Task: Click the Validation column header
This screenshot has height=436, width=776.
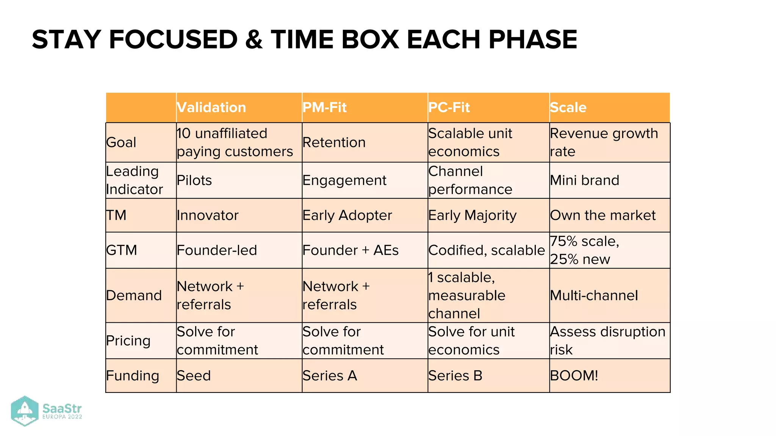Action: tap(211, 107)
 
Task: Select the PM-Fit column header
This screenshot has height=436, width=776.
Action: tap(325, 107)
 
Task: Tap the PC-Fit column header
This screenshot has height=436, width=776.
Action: tap(449, 107)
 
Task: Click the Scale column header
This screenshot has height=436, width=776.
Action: tap(568, 107)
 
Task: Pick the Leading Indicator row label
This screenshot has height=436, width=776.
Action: tap(135, 180)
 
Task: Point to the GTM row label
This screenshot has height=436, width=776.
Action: tap(122, 250)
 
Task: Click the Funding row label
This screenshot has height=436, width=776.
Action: tap(133, 375)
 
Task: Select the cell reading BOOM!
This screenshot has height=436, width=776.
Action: tap(574, 375)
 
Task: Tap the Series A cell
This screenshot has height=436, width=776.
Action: tap(330, 375)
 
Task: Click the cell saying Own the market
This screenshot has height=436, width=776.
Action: tap(602, 215)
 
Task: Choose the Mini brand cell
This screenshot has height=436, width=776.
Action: tap(585, 180)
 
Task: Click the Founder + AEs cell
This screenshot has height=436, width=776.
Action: tap(350, 250)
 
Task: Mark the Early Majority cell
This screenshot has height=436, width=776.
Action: tap(472, 215)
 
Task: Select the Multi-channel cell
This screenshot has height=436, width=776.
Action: tap(594, 296)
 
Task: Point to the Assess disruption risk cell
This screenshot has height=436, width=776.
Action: tap(607, 340)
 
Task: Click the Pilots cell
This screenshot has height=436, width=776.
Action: tap(194, 180)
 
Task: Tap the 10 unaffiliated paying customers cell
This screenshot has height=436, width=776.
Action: tap(235, 142)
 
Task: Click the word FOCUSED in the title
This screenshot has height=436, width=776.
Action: tap(173, 39)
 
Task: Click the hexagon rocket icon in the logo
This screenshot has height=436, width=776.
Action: tap(25, 411)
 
